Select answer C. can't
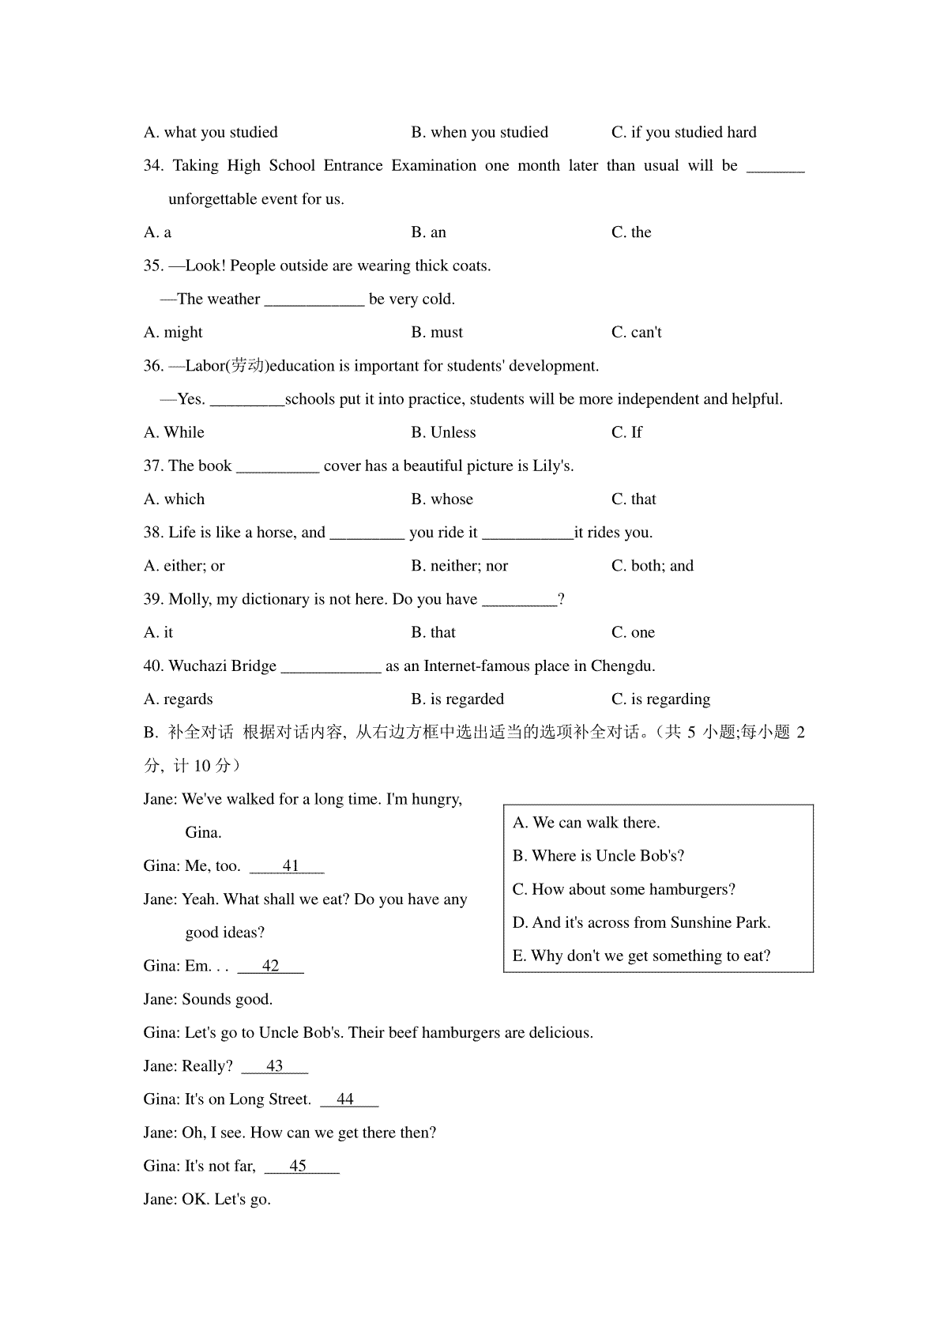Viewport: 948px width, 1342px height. (636, 333)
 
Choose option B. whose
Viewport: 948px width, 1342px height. (442, 499)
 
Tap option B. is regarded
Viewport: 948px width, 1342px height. (457, 699)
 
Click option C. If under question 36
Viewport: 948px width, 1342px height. (626, 432)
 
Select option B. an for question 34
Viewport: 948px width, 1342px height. (428, 232)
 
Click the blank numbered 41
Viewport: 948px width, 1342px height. (288, 866)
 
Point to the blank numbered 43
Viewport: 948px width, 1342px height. (274, 1066)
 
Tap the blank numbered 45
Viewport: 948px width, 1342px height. (300, 1167)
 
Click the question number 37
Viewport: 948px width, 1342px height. (153, 466)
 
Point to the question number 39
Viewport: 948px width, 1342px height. (153, 600)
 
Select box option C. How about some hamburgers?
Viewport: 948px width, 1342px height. (624, 890)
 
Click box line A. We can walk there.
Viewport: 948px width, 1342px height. (586, 823)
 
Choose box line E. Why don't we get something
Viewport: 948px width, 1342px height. (641, 956)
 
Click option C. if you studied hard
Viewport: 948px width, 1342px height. (683, 133)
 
